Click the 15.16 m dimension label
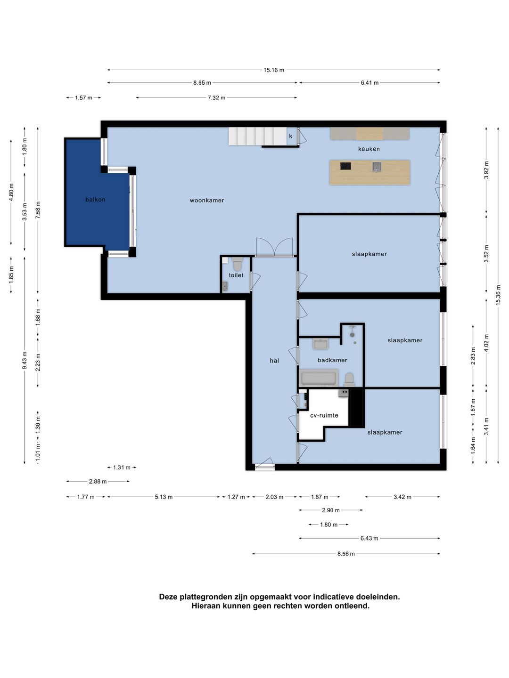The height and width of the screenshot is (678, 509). [x=273, y=70]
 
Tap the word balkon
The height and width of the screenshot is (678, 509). [x=95, y=200]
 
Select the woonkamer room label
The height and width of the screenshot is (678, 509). [x=207, y=200]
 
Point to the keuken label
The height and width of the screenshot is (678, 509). [x=369, y=149]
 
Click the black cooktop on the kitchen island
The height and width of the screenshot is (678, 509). [x=345, y=166]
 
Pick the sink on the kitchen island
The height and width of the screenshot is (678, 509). [x=377, y=167]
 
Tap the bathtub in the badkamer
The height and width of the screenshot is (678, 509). [x=318, y=378]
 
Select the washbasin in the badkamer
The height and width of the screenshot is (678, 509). [x=320, y=344]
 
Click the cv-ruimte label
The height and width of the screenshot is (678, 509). [x=324, y=415]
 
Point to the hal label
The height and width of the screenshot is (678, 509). [x=274, y=361]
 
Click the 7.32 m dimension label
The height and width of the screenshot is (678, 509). [x=216, y=97]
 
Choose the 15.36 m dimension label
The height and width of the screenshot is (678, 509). [x=498, y=295]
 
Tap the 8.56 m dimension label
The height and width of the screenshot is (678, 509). [x=346, y=554]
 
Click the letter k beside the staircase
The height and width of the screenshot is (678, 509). [x=290, y=136]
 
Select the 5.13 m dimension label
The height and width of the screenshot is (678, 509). [x=164, y=497]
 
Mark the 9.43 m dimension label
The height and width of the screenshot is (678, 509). [x=25, y=360]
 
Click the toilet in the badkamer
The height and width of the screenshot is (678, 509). [x=349, y=379]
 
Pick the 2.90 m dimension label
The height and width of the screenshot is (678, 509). [x=331, y=510]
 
